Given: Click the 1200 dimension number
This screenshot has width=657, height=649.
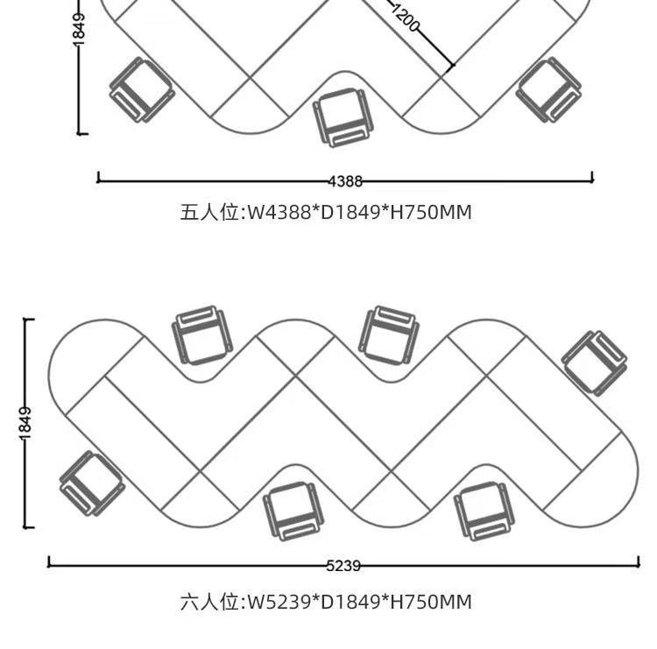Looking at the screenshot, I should [404, 18].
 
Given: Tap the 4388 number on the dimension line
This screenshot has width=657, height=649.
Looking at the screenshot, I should [345, 181].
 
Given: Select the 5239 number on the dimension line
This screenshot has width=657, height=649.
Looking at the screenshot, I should [343, 566].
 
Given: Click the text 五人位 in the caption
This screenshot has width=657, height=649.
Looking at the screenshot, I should [210, 212].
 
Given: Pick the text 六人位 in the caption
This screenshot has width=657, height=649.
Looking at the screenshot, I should [210, 602].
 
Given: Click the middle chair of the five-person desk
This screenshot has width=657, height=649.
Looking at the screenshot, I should [343, 117].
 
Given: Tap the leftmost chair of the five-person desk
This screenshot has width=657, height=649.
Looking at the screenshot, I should [141, 89].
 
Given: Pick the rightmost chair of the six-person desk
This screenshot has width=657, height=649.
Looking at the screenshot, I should [595, 362].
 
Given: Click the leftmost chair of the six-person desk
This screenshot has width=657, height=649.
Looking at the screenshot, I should [91, 483].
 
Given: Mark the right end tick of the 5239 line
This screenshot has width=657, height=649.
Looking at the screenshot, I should [639, 564].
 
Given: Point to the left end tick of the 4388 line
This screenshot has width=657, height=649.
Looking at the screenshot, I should [98, 179].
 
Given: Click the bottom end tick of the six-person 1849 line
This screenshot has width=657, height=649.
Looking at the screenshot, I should [30, 528].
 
